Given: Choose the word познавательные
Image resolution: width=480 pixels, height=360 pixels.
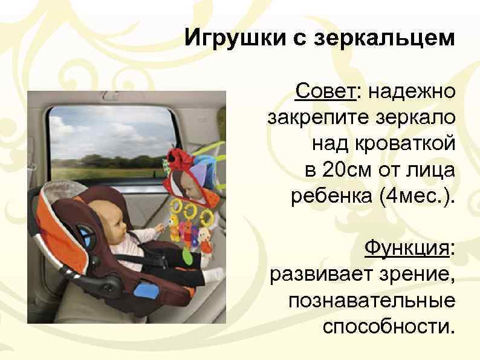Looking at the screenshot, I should (372, 301).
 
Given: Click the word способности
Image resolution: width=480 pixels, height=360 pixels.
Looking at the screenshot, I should (388, 327).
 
